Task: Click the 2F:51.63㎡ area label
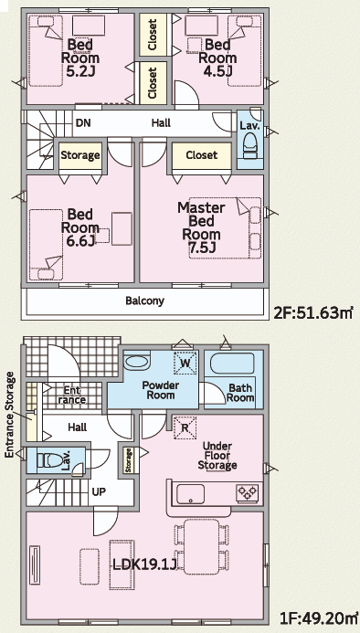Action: tap(313, 312)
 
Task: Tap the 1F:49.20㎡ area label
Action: tap(319, 617)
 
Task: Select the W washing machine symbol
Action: tap(185, 363)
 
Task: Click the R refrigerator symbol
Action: tap(185, 427)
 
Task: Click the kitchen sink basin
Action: tap(190, 494)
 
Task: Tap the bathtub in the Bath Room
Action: tap(232, 364)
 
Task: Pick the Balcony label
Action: tap(144, 301)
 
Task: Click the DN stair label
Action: tap(83, 122)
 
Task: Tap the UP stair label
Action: tap(99, 491)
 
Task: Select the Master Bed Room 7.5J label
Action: tap(201, 227)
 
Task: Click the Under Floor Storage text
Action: tap(217, 456)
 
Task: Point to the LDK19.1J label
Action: tap(143, 564)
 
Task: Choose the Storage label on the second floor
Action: tap(80, 155)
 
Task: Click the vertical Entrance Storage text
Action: tap(10, 416)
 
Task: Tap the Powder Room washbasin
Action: tap(136, 362)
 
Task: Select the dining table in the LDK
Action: tap(201, 546)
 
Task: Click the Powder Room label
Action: tap(161, 390)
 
